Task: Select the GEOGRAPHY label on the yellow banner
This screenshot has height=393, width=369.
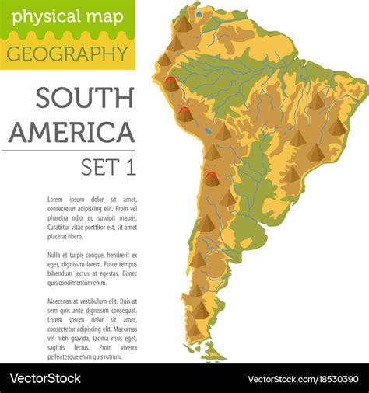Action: (67, 54)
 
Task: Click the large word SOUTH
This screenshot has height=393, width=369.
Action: (85, 98)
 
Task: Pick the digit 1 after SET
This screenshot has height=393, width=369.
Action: (128, 166)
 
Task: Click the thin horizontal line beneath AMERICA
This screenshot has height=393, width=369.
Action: (72, 150)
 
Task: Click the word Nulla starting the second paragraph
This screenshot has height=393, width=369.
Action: (55, 255)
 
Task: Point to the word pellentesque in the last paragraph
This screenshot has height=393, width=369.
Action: (69, 356)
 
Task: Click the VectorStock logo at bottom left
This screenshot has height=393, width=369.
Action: (45, 378)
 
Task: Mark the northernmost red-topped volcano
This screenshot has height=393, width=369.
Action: (170, 82)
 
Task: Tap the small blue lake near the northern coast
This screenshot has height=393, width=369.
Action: (199, 13)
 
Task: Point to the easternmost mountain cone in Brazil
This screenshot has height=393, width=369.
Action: (336, 127)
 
